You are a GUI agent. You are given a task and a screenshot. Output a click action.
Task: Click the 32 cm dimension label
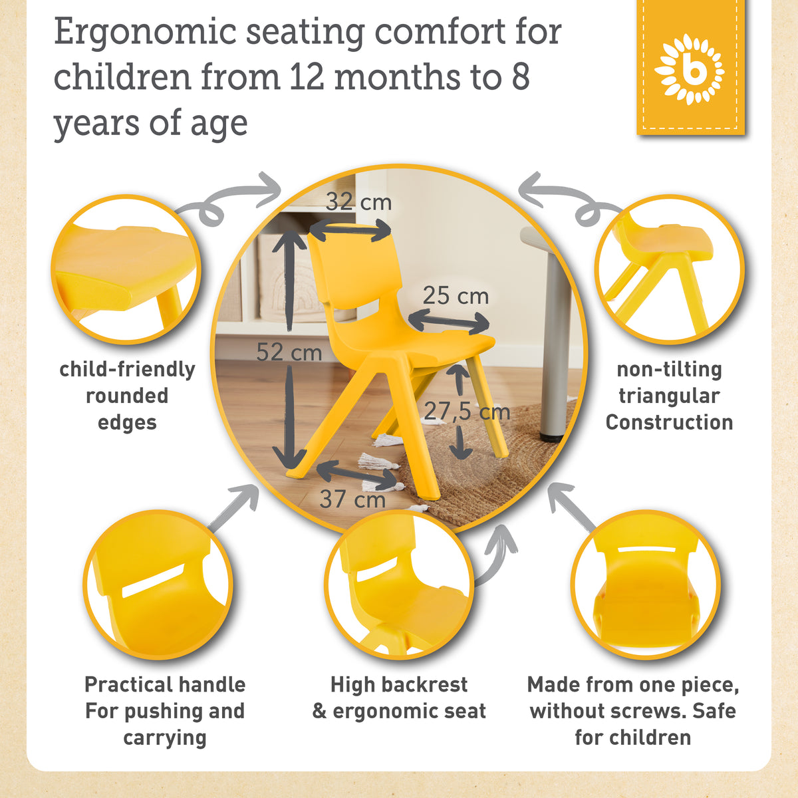click(358, 202)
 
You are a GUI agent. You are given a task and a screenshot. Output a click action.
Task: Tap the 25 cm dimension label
click(456, 296)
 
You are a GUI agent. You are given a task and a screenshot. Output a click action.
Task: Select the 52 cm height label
click(289, 352)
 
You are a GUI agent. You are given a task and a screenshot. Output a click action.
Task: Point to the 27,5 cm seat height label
click(467, 411)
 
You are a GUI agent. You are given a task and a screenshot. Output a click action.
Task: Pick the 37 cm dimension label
click(352, 499)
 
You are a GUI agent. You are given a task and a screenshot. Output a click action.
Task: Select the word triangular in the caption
click(669, 396)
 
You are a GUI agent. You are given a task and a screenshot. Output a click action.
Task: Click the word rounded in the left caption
click(127, 396)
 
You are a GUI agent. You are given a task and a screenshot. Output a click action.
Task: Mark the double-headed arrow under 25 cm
click(449, 322)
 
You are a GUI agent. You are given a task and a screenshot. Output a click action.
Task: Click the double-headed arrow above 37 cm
click(357, 475)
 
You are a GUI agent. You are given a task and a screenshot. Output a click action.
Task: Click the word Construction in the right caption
click(669, 422)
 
